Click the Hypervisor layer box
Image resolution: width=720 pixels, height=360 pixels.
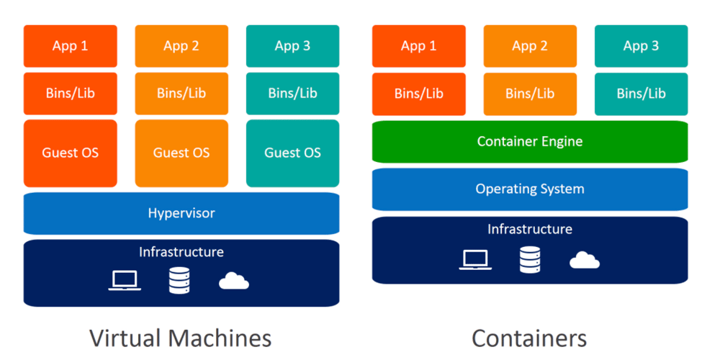pos(181,213)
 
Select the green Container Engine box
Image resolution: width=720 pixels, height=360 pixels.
pos(530,141)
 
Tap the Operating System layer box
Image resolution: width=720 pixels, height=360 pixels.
pos(530,189)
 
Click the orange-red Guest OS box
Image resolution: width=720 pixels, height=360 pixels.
pos(70,153)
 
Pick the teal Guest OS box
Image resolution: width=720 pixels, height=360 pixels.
pos(292,153)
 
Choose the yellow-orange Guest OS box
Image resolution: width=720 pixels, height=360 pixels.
pos(181,153)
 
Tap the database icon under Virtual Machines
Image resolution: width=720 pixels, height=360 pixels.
pos(179,280)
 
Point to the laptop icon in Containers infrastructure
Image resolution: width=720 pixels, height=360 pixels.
pos(475,259)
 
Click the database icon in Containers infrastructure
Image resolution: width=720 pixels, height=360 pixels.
pos(530,258)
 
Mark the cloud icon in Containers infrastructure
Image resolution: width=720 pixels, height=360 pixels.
pos(584,260)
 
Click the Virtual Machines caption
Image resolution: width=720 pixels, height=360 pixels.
pos(181,338)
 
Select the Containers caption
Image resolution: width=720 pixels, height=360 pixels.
pos(529,338)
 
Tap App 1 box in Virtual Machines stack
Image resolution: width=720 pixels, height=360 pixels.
pos(70,46)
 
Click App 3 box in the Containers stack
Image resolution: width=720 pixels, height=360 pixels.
pos(641,46)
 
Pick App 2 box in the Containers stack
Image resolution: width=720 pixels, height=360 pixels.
pos(530,46)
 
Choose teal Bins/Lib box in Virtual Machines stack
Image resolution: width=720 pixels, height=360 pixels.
pos(292,94)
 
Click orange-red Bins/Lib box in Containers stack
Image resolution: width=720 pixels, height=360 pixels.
pos(418,94)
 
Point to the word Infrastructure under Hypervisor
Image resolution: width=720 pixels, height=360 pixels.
pos(181,252)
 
